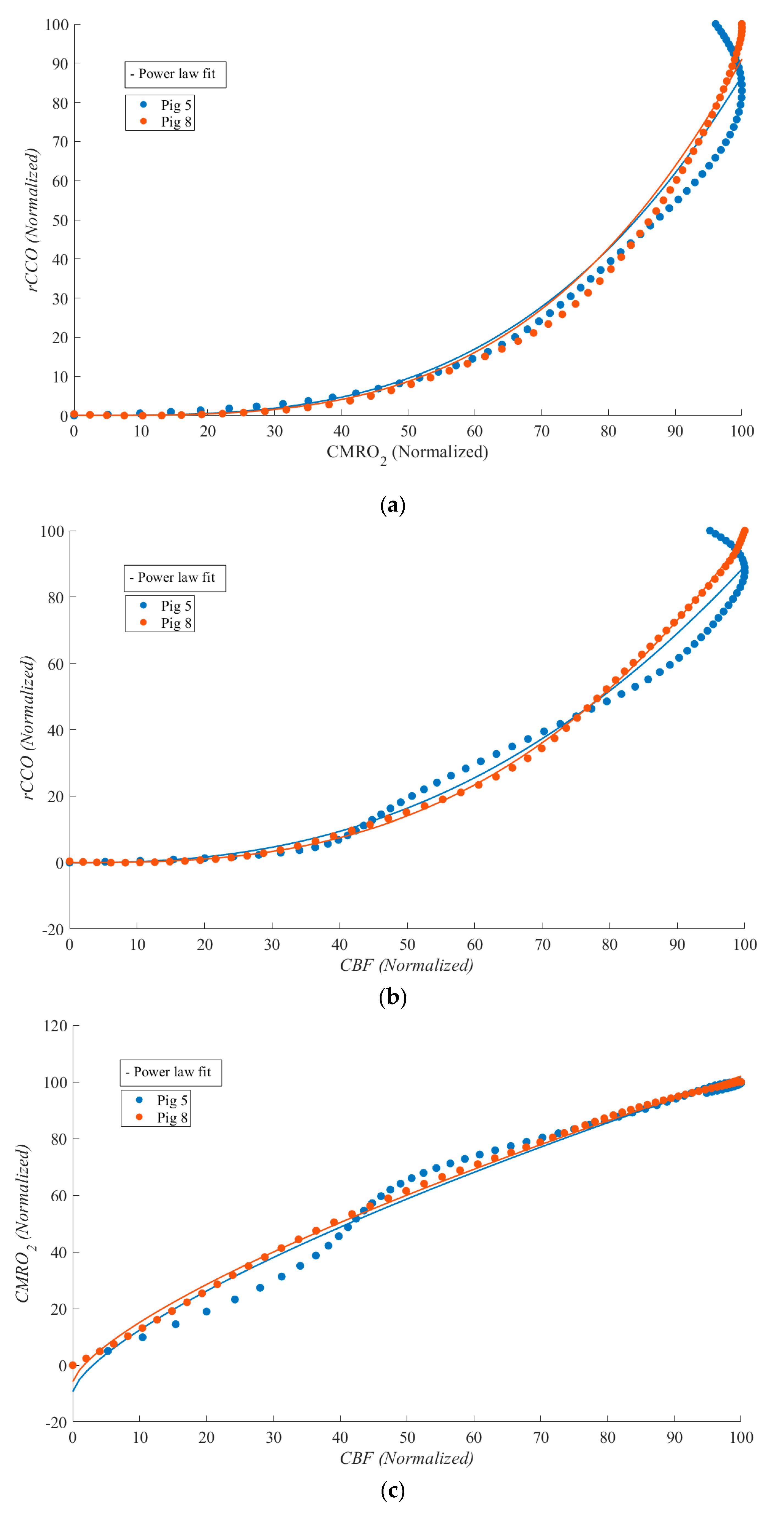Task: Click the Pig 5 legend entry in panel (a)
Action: coord(167,105)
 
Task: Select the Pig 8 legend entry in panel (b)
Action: coord(167,623)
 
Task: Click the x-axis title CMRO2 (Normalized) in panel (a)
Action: coord(407,452)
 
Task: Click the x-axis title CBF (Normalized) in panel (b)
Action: coord(407,965)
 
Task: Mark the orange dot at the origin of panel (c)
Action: coord(73,1365)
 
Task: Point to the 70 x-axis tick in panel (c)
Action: coord(541,1438)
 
